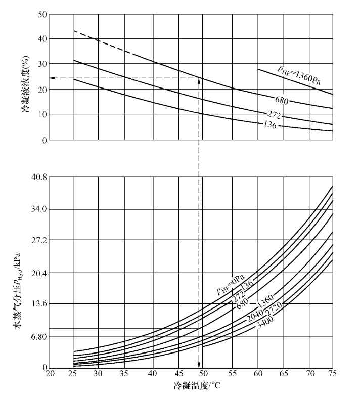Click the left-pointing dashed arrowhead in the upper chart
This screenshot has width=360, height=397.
52,78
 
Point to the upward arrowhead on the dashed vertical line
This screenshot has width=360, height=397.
199,81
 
